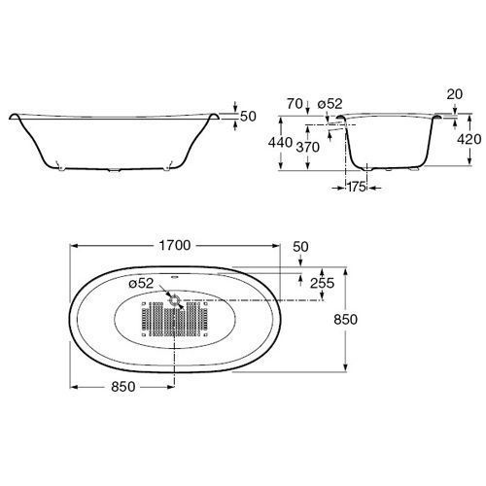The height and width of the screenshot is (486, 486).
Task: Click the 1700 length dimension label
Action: tap(175, 246)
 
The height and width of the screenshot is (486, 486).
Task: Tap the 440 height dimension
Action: tap(280, 143)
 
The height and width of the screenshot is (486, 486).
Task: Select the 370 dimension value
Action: tap(308, 148)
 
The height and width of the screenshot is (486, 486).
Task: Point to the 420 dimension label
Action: tap(469, 139)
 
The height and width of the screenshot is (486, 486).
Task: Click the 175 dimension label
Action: tap(357, 187)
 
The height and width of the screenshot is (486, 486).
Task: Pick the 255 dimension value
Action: tap(322, 283)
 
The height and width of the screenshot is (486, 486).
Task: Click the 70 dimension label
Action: tap(295, 104)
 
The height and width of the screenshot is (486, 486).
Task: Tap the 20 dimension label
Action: tap(455, 94)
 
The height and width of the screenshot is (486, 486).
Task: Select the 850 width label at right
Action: tap(346, 320)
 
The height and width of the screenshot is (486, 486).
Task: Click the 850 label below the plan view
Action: tap(123, 387)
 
